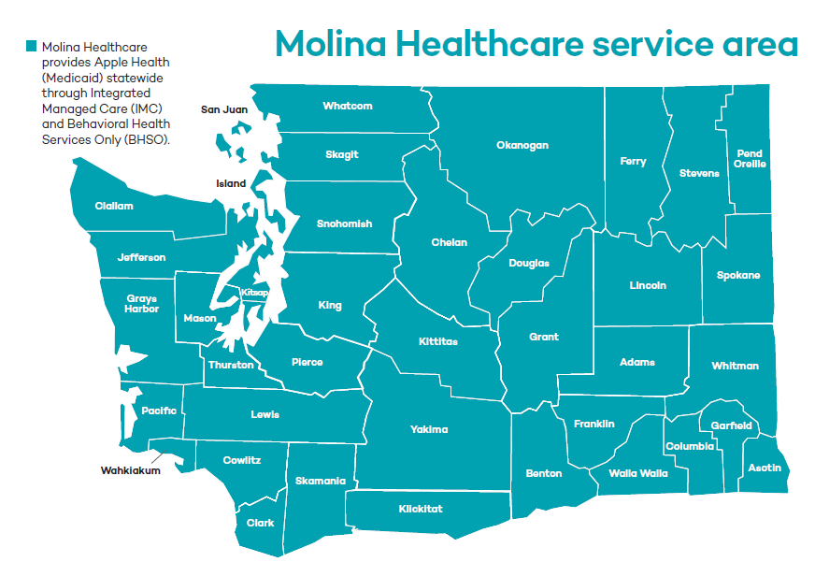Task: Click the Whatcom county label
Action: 348,106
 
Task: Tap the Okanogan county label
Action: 522,145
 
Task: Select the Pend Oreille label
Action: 750,158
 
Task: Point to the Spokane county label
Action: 738,275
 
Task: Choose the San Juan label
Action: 224,109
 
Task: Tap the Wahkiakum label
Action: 131,470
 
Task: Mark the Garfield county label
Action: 731,425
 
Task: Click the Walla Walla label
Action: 638,473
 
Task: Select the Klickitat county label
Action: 421,509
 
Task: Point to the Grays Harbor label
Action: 142,304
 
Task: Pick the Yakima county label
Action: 429,429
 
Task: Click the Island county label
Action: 231,183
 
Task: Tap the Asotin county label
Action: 765,468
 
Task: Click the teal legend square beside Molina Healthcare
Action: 32,46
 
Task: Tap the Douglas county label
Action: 529,263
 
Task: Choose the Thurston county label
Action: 231,365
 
